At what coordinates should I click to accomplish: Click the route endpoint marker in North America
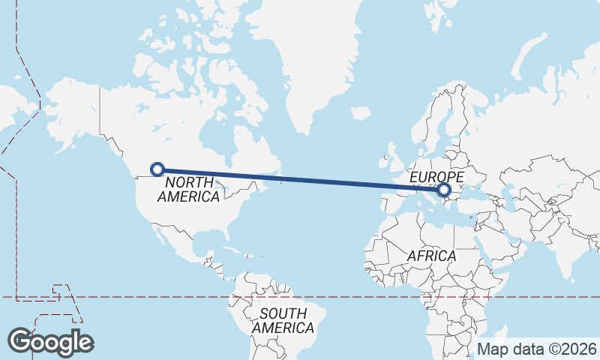(157, 169)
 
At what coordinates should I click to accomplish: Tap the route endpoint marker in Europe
(444, 190)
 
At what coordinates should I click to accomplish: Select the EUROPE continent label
(437, 177)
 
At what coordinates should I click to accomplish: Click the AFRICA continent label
(431, 256)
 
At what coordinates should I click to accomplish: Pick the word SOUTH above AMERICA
(283, 314)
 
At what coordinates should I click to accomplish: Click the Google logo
(50, 341)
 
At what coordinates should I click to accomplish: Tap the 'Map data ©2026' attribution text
(536, 349)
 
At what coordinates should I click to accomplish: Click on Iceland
(361, 114)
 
